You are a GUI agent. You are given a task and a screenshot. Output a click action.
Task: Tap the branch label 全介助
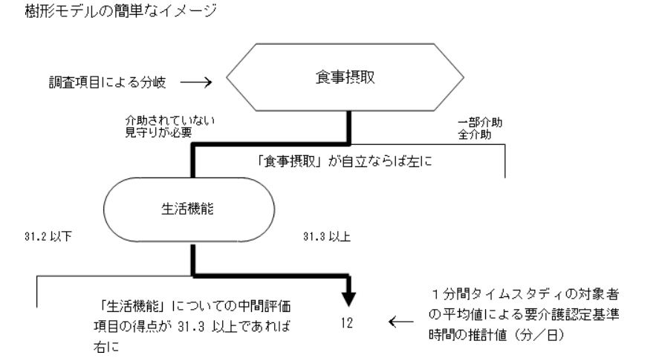[477, 134]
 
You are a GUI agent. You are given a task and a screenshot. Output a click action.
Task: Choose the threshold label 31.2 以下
[45, 240]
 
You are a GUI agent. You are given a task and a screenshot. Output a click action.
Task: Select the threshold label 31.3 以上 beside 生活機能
[325, 240]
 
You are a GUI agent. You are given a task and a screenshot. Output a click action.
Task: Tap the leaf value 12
[349, 323]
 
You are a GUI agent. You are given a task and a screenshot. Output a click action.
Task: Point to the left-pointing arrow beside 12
[402, 323]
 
